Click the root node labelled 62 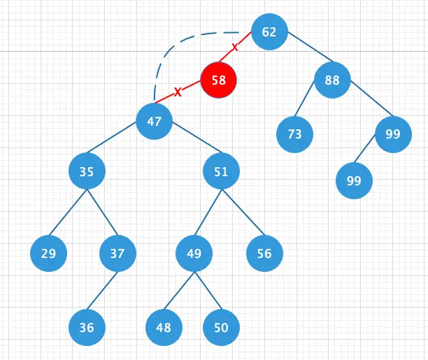[x=269, y=32]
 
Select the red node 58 [x=219, y=80]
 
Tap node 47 [x=155, y=121]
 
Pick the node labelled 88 [x=332, y=80]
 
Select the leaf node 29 [x=48, y=253]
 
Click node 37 [x=117, y=253]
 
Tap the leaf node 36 [x=87, y=327]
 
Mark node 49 [x=194, y=253]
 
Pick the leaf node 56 [x=264, y=253]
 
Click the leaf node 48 [x=164, y=327]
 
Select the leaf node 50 [x=221, y=327]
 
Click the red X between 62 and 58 [x=234, y=48]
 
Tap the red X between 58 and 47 [x=178, y=92]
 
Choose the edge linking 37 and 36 [x=102, y=289]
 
